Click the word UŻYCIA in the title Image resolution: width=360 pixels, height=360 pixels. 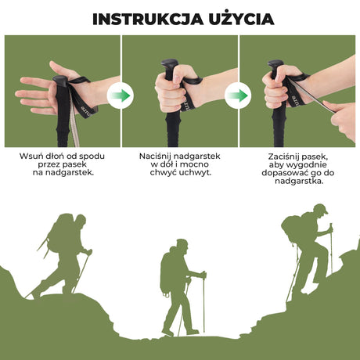tap(238, 18)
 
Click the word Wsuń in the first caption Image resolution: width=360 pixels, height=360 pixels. tap(33, 156)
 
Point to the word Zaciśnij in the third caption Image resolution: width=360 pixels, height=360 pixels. tap(277, 156)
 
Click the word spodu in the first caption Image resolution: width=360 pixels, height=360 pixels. tap(94, 156)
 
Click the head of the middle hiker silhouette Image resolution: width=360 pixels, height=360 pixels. tap(181, 245)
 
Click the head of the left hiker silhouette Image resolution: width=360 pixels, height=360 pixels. tap(78, 221)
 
